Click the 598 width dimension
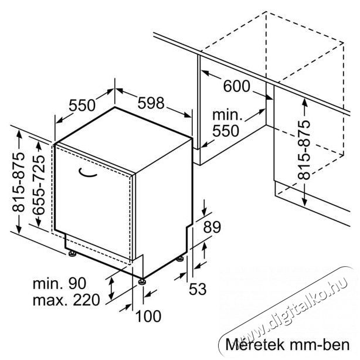tap(151, 103)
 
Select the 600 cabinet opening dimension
tap(236, 86)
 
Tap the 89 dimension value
tap(212, 227)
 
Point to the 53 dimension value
tap(198, 288)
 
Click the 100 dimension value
tap(148, 316)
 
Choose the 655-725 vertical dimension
tap(39, 185)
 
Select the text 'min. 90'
tap(59, 284)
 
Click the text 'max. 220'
tap(66, 300)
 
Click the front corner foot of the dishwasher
tap(142, 281)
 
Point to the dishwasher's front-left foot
tap(73, 254)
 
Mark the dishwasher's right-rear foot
tap(180, 259)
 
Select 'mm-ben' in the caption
tap(320, 345)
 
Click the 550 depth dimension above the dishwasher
tap(82, 106)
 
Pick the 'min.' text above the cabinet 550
tap(227, 115)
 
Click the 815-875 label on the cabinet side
tap(304, 150)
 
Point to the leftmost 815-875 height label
tap(18, 182)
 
